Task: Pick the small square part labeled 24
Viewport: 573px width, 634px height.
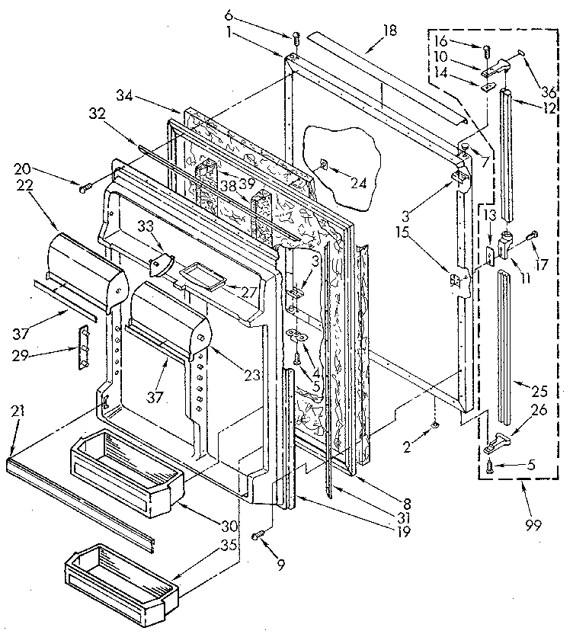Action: pos(324,163)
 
